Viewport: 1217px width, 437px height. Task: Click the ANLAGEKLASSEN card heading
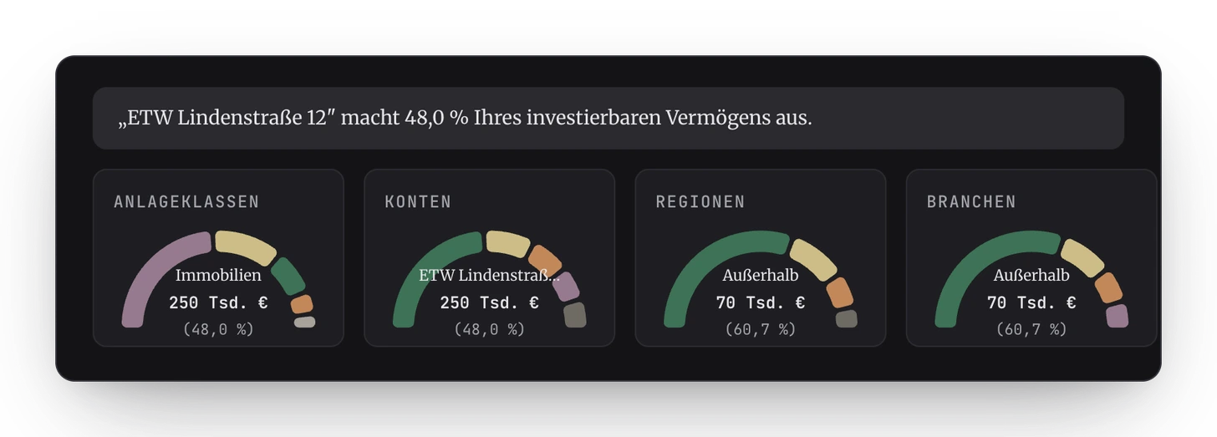click(x=186, y=202)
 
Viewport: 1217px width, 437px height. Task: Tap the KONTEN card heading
click(x=418, y=202)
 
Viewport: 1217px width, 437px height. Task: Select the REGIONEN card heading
click(x=700, y=202)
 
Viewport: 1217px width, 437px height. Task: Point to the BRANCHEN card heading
click(x=971, y=202)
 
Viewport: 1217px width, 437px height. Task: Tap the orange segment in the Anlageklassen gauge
click(x=302, y=304)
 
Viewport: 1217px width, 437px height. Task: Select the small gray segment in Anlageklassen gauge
click(x=305, y=322)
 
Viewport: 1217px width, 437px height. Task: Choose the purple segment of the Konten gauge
click(x=566, y=287)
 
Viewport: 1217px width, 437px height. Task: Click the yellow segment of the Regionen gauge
click(x=813, y=260)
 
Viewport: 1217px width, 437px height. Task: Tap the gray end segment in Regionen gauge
click(x=847, y=318)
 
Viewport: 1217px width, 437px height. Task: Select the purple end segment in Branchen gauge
click(x=1117, y=316)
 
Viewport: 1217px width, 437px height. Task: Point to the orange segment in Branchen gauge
click(x=1108, y=287)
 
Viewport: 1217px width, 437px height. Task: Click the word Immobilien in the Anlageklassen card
click(x=218, y=275)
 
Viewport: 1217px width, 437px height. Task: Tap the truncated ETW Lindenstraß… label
click(x=489, y=275)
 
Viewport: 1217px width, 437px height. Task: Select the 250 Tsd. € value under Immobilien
click(x=218, y=303)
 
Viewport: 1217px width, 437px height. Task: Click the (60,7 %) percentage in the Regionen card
click(x=761, y=329)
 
